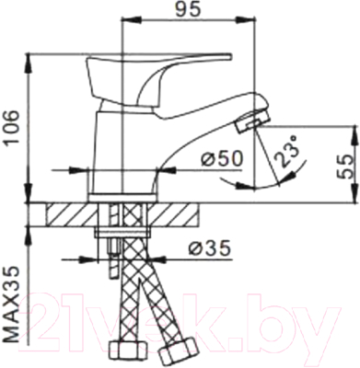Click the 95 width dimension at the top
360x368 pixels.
(191, 13)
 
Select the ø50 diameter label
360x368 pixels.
(220, 158)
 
